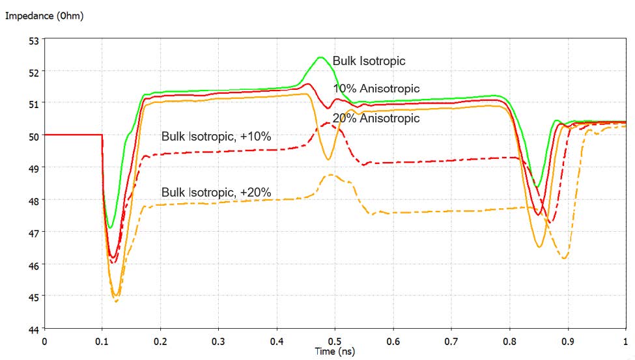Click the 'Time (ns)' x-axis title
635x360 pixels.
coord(335,351)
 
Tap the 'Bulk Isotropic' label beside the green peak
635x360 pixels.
coord(369,61)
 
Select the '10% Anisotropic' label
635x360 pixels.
coord(376,89)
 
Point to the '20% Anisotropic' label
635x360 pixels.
coord(376,118)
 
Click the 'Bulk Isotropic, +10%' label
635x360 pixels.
coord(216,137)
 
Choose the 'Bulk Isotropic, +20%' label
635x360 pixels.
coord(216,192)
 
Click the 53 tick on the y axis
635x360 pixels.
coord(33,40)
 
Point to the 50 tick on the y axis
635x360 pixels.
coord(33,135)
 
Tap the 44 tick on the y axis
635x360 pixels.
coord(33,329)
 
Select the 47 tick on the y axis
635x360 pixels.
coord(33,232)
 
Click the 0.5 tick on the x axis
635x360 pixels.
coord(335,340)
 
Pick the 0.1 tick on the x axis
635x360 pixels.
coord(102,340)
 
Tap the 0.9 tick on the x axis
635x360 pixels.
coord(567,340)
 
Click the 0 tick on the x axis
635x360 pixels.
coord(44,340)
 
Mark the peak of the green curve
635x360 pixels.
coord(320,57)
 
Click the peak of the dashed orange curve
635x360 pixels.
coord(330,174)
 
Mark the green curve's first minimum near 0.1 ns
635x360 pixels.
coord(111,228)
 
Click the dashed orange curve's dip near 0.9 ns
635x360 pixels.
coord(564,258)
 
